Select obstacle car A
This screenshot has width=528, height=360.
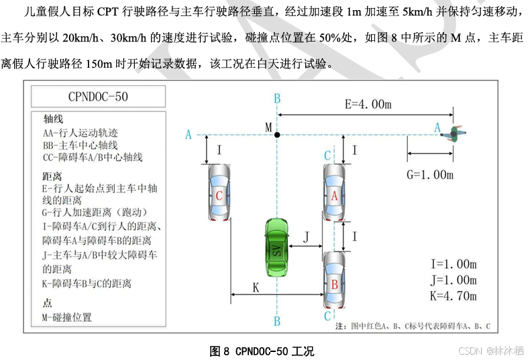click(333, 194)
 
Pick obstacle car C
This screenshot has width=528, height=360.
click(219, 194)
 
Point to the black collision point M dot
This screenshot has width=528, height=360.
click(277, 135)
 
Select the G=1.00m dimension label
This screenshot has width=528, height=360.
click(431, 175)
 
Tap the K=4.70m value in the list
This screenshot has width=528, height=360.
click(454, 296)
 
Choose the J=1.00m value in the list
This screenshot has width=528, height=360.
click(454, 280)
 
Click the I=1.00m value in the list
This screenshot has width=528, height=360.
click(454, 263)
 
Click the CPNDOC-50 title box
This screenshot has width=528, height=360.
click(98, 97)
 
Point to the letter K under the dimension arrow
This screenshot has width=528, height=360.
click(256, 286)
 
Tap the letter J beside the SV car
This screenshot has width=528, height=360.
click(306, 237)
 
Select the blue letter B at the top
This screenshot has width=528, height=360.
click(277, 99)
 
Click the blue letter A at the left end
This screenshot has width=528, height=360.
click(189, 135)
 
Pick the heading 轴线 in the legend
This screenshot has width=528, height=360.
click(54, 118)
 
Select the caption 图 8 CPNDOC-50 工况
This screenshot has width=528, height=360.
click(262, 351)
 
